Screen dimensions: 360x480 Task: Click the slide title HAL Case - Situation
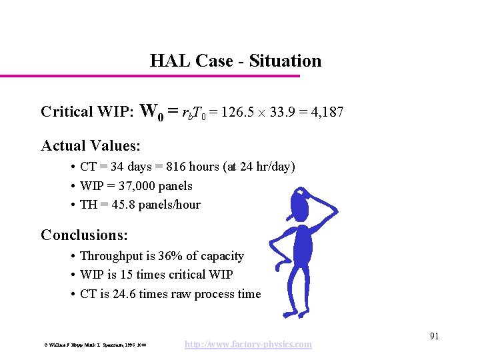click(235, 61)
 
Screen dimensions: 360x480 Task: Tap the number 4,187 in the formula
click(327, 112)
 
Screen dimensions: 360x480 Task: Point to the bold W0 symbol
click(153, 111)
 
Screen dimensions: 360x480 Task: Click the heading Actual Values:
click(91, 145)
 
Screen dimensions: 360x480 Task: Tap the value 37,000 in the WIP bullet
click(137, 186)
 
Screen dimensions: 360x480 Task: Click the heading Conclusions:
click(84, 235)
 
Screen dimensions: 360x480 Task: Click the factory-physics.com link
click(248, 344)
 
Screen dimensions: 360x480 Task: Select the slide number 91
click(433, 336)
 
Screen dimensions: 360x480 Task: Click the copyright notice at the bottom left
click(95, 345)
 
